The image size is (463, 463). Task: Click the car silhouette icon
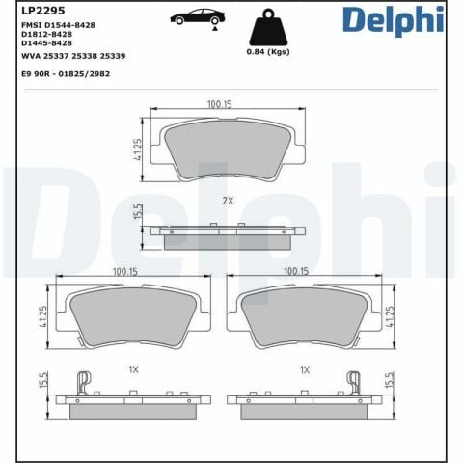[194, 16]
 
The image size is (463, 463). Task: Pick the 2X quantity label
[228, 201]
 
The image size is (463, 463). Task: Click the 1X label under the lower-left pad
[134, 369]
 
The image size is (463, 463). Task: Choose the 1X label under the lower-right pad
[305, 369]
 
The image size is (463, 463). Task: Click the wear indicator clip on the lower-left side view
[83, 383]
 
